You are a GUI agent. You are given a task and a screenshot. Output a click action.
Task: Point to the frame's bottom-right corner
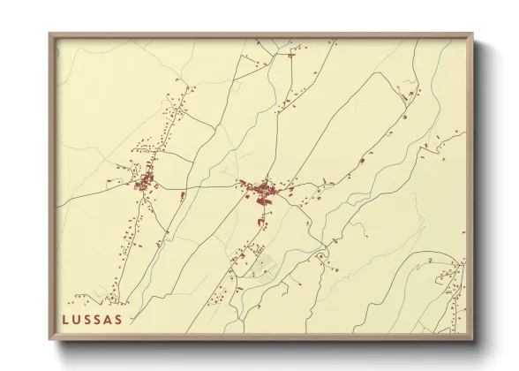click(473, 338)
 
